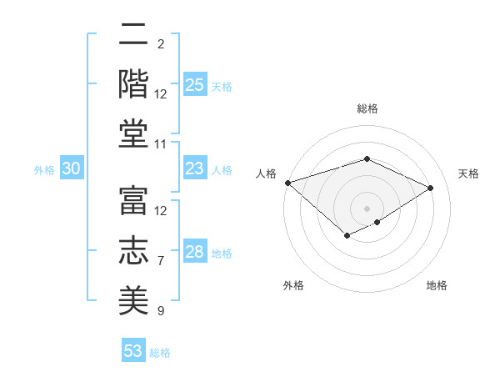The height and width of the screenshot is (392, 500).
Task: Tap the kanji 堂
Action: pyautogui.click(x=133, y=133)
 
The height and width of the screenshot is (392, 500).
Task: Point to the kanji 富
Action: pyautogui.click(x=133, y=200)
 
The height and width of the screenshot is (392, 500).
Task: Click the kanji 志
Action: pyautogui.click(x=133, y=249)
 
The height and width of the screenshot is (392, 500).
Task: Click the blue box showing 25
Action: pyautogui.click(x=195, y=84)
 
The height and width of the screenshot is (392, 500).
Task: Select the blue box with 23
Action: pyautogui.click(x=195, y=168)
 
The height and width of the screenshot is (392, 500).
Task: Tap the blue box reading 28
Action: pyautogui.click(x=195, y=252)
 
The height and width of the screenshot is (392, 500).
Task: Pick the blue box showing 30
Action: pyautogui.click(x=72, y=168)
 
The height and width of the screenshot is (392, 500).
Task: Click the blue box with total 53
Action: pyautogui.click(x=133, y=350)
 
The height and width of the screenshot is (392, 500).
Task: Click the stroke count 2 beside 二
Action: pyautogui.click(x=161, y=43)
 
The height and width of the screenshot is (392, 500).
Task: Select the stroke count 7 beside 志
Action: pyautogui.click(x=161, y=261)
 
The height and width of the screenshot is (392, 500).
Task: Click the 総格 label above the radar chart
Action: pyautogui.click(x=367, y=108)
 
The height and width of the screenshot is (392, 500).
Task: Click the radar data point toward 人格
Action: pyautogui.click(x=287, y=183)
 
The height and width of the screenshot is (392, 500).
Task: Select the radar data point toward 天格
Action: pyautogui.click(x=431, y=188)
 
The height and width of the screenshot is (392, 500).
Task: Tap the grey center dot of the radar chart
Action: pyautogui.click(x=367, y=208)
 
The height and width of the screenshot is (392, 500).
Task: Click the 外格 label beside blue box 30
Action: pyautogui.click(x=44, y=169)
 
